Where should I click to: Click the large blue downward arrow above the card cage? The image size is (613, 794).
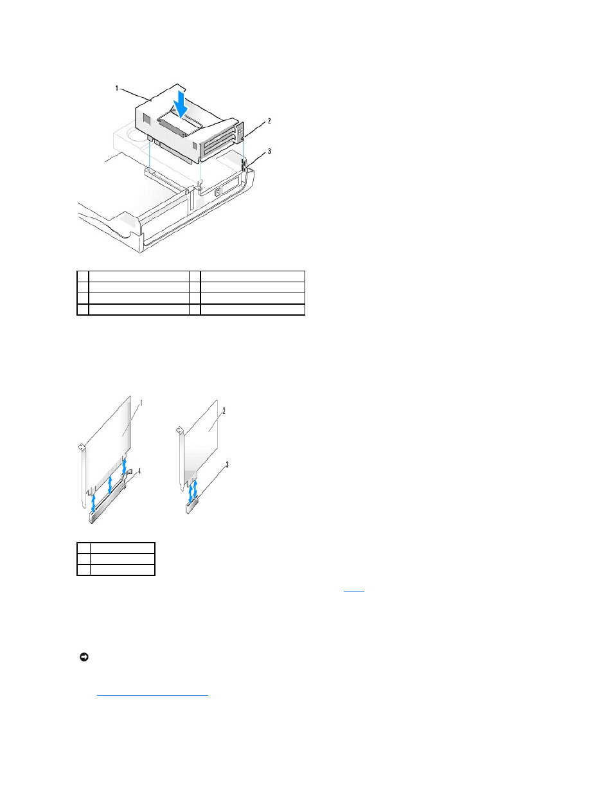coord(181,104)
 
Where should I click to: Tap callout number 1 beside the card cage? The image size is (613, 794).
coord(117,88)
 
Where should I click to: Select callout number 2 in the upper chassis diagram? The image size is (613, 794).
coord(269,121)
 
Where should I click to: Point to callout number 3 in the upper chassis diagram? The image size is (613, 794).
coord(269,151)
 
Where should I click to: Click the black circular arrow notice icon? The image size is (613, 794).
coord(84,657)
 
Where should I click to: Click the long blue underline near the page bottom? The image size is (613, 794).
coord(152,695)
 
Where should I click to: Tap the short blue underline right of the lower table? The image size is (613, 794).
coord(354,591)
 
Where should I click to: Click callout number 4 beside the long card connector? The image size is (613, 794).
coord(139,471)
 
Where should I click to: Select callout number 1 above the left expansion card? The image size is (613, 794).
coord(141,403)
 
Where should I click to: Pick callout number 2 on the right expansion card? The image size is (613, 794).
coord(224,411)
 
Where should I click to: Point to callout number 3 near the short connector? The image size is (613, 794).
coord(227,465)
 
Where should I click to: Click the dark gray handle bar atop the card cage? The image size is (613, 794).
coord(181,124)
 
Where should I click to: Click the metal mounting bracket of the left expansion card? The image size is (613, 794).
coord(83,476)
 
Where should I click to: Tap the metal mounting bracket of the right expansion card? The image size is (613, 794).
coord(181,459)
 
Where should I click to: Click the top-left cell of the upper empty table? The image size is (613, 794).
coord(83,276)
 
